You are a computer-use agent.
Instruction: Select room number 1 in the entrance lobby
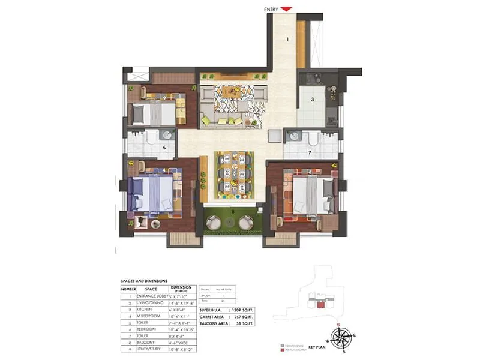click(x=287, y=40)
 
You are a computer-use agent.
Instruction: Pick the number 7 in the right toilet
click(x=310, y=153)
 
